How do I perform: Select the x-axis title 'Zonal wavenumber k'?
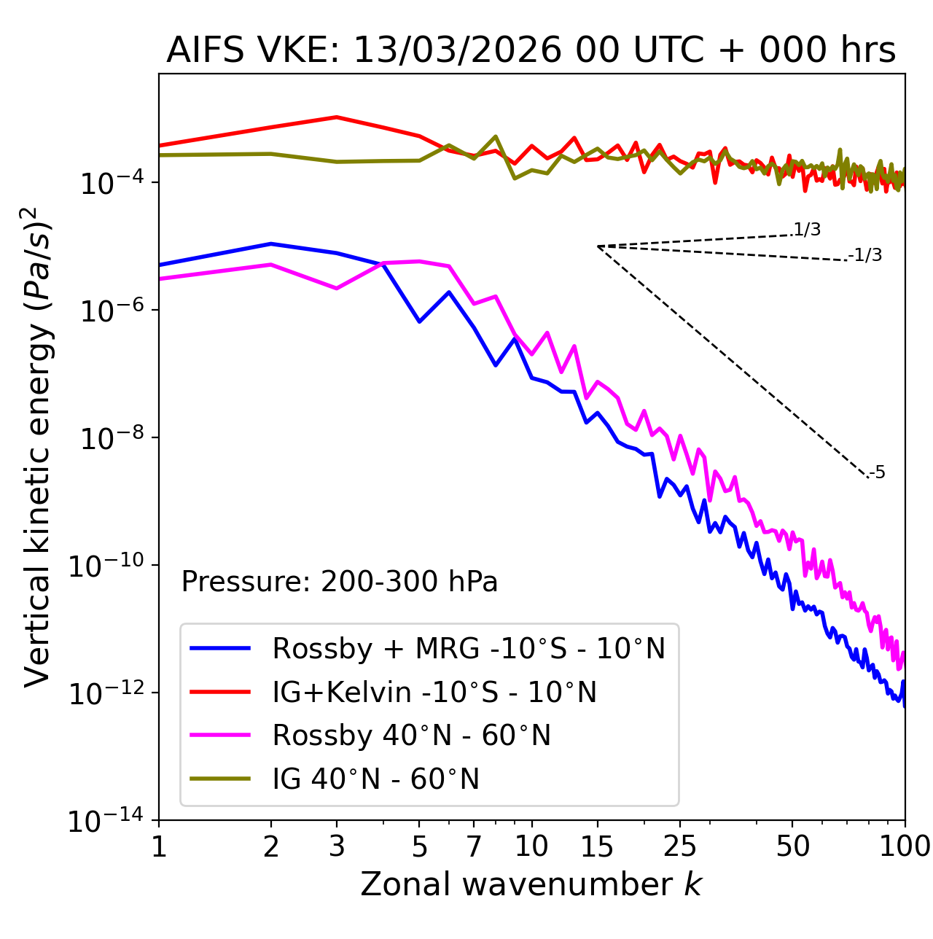(x=531, y=884)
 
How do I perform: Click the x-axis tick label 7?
(x=474, y=846)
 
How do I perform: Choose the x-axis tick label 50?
(x=793, y=846)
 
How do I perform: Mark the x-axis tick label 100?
(x=904, y=846)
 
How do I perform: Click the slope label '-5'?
(x=878, y=473)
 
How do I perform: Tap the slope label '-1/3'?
(x=866, y=255)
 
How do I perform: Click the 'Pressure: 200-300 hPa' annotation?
(x=340, y=583)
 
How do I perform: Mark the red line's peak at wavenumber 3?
(x=336, y=117)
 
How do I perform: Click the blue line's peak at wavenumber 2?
(x=271, y=243)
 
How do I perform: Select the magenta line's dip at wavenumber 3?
(x=336, y=289)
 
